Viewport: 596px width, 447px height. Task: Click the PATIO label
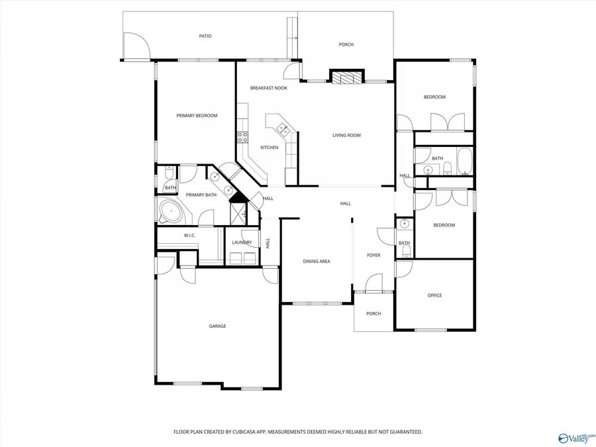[205, 36]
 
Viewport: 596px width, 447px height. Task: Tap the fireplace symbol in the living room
[347, 78]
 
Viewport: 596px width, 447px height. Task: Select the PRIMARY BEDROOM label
[197, 116]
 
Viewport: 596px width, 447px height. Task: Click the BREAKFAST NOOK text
[268, 88]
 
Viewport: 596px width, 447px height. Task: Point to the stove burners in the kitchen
[242, 138]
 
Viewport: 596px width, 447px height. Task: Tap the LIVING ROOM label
[346, 136]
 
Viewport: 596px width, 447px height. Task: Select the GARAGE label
[217, 326]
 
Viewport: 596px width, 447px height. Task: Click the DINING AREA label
[316, 262]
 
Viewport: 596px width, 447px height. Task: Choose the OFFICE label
[434, 295]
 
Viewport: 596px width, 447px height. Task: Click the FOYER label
[373, 255]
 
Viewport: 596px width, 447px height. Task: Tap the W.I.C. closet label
[189, 236]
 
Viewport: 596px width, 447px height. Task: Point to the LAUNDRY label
[241, 242]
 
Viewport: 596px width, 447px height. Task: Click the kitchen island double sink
[283, 128]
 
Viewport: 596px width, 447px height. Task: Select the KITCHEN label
[269, 148]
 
